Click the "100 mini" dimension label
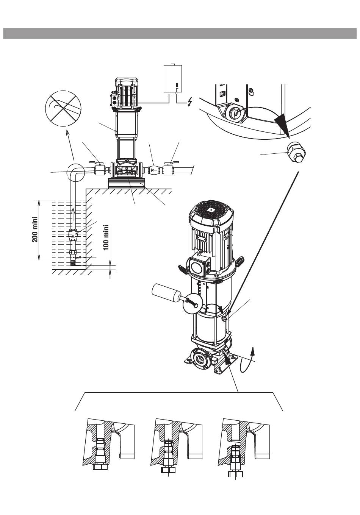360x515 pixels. click(106, 237)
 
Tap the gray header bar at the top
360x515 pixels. click(180, 33)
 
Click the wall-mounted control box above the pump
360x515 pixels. click(172, 79)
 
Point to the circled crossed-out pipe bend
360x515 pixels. click(63, 108)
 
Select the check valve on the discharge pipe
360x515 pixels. click(153, 170)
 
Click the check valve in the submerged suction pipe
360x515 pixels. click(73, 234)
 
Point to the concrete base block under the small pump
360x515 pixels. click(127, 183)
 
